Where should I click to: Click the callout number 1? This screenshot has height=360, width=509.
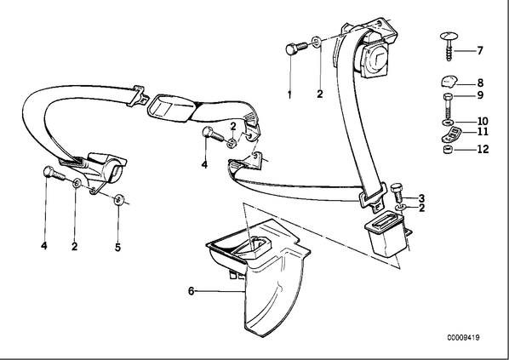point(289,94)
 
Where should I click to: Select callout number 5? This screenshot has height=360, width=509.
point(117,248)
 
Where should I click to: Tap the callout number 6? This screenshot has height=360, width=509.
point(192,291)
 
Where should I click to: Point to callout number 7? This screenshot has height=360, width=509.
point(480,51)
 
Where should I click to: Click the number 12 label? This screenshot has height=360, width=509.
point(483,149)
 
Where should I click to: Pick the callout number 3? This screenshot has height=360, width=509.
point(421,197)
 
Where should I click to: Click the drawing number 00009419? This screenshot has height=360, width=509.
point(463,338)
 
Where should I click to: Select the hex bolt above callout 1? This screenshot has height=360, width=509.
point(296,49)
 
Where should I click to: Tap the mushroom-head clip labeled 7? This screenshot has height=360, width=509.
point(449,46)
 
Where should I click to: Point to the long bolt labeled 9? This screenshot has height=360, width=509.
point(449,106)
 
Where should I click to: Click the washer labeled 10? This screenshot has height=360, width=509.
point(448,123)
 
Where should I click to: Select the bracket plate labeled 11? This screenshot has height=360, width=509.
point(450,134)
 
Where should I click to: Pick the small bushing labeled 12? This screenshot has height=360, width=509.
point(448,150)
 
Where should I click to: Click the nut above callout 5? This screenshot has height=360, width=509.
point(118,199)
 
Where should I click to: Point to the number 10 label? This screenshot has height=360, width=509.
point(483,122)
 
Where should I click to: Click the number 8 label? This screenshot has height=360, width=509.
point(480,83)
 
